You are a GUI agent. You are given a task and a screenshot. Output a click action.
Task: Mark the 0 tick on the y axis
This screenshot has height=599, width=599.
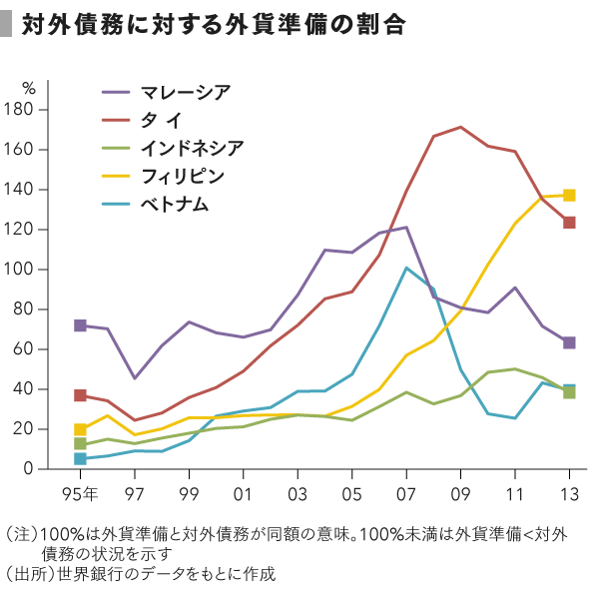coord(43,469)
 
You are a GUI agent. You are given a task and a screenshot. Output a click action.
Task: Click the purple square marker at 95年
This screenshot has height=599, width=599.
coord(80,325)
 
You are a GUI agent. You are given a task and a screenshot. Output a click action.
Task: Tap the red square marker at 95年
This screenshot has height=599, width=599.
coord(80,395)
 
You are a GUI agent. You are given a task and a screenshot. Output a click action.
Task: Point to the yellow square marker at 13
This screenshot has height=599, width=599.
coord(569,196)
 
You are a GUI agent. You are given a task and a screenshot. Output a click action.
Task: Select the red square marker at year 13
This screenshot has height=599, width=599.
coord(569,223)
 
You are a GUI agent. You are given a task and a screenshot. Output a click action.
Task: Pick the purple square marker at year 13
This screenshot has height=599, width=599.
coord(569,342)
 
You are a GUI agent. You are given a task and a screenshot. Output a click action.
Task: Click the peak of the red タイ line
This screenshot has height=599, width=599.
coord(460,127)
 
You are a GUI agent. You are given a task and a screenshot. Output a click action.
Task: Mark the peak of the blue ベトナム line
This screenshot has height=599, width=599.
coord(406,268)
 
